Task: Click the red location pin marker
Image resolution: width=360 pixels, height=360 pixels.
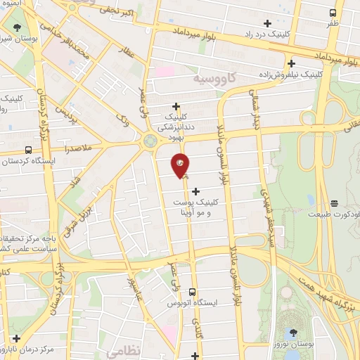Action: tap(180, 165)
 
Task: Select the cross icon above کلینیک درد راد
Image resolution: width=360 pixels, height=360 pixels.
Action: tap(267, 22)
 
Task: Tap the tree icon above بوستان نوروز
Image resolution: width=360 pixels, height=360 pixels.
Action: tap(293, 333)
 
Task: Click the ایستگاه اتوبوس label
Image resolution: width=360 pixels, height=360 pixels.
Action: tap(192, 302)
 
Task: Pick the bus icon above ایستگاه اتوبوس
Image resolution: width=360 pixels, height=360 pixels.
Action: tap(192, 291)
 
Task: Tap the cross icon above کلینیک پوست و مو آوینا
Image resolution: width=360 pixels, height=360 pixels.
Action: tap(195, 191)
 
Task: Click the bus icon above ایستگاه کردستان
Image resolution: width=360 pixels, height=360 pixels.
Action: tap(28, 150)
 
